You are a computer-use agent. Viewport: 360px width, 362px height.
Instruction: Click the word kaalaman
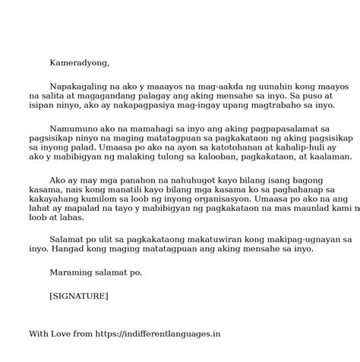[328, 157]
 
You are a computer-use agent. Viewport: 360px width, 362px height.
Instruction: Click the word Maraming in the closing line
[74, 272]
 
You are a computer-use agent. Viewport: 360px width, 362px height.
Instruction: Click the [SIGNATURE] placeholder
[79, 295]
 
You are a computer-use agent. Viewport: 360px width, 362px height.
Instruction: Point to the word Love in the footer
[66, 333]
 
